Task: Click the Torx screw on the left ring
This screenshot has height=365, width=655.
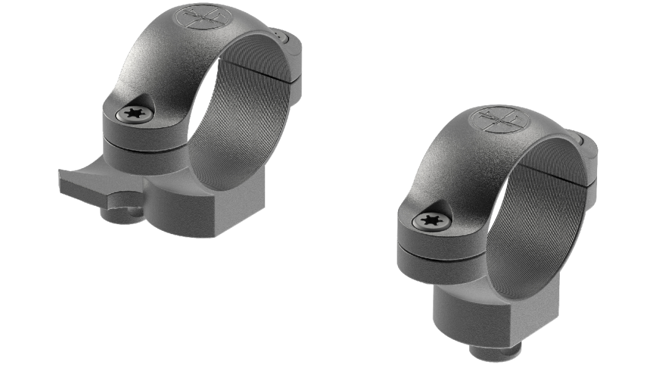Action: click(134, 114)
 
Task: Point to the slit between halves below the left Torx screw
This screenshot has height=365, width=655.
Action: click(142, 140)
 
